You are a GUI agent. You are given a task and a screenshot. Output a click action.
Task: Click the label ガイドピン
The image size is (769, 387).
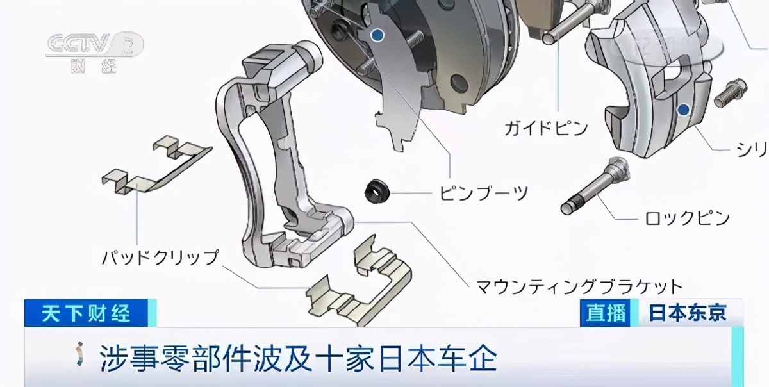(545, 128)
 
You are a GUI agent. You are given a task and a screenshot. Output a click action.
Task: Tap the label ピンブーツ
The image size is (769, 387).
(483, 192)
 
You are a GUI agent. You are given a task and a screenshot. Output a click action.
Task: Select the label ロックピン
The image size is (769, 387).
(687, 218)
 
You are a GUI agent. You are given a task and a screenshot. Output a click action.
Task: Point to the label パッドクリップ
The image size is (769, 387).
(160, 258)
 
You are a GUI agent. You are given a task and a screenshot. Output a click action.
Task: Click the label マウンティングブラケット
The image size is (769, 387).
(579, 286)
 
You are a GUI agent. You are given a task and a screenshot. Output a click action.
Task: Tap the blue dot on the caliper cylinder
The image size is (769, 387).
(684, 109)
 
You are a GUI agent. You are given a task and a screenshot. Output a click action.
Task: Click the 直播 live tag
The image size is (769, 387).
(606, 313)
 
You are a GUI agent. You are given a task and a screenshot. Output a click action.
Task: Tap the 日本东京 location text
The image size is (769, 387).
(687, 313)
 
